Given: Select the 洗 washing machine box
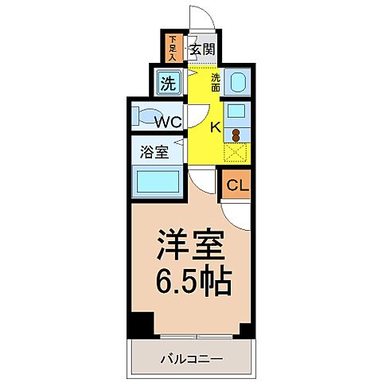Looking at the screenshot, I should tap(167, 82).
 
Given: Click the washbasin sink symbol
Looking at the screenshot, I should tap(237, 83).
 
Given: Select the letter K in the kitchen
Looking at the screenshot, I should tap(214, 127).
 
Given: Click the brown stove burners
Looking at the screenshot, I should tap(236, 134).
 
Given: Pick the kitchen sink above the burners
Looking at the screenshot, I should tap(236, 112).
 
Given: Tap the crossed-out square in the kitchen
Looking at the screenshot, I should tap(236, 154).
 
